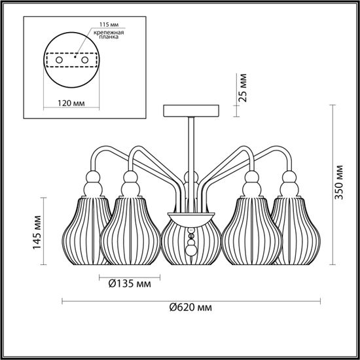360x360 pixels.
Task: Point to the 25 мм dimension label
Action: pyautogui.click(x=242, y=90)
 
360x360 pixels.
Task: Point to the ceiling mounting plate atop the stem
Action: pyautogui.click(x=190, y=109)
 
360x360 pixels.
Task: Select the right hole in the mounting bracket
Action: pyautogui.click(x=88, y=59)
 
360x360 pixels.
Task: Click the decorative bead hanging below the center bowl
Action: pyautogui.click(x=191, y=249)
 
